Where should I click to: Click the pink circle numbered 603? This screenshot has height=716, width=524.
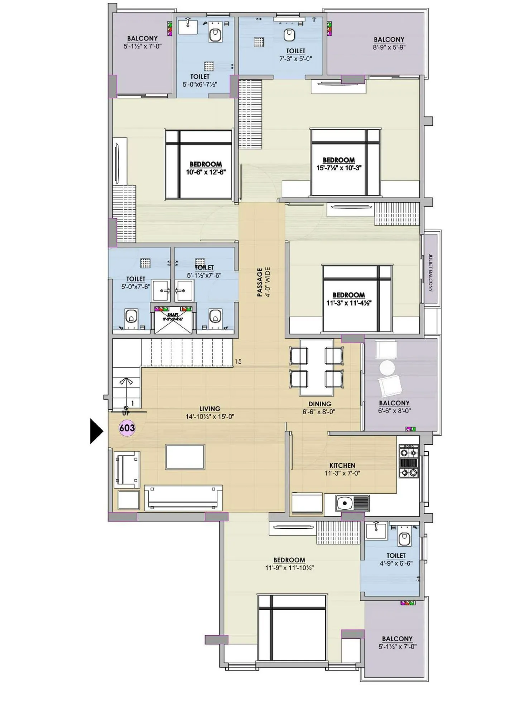(127, 428)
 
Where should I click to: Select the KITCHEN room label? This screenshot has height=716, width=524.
(342, 465)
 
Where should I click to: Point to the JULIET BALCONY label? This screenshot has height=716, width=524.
(431, 272)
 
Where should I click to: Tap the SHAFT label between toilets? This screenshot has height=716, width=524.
(173, 315)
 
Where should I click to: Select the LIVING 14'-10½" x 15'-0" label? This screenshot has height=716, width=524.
(210, 412)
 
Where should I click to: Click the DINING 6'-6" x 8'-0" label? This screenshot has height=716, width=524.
(319, 408)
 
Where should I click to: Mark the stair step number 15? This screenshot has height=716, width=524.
(238, 362)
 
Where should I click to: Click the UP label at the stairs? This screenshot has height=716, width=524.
(126, 413)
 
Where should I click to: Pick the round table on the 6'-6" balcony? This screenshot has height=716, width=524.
(387, 367)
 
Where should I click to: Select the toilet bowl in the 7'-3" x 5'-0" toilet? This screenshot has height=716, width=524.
(289, 34)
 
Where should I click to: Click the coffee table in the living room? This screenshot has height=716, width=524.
(185, 457)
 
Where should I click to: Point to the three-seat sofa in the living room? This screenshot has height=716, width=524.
(183, 498)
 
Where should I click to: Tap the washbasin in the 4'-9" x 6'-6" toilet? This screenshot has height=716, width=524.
(376, 530)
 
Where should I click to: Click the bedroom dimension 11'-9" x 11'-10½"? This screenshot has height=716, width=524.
(289, 568)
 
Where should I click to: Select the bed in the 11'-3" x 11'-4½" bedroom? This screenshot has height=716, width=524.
(356, 298)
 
